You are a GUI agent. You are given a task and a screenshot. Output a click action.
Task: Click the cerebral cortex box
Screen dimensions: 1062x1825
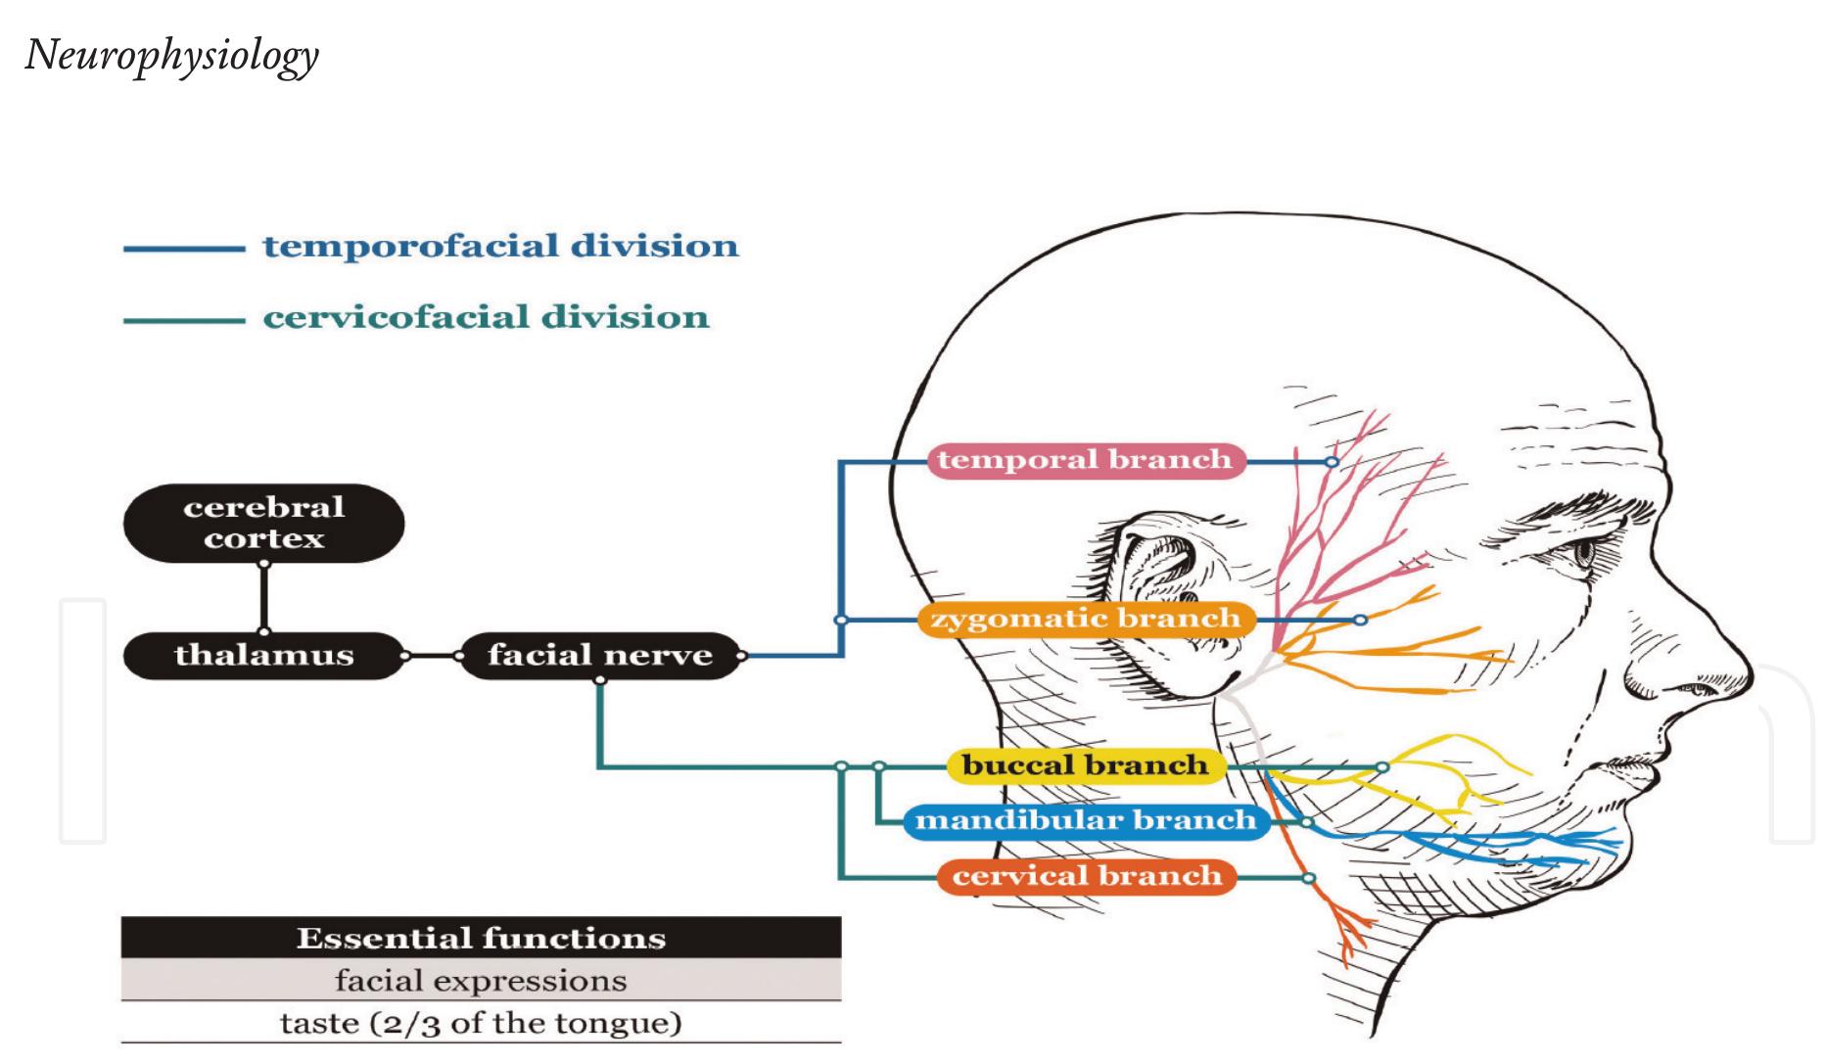click(263, 523)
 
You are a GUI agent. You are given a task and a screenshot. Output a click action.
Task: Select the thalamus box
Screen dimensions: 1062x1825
click(263, 655)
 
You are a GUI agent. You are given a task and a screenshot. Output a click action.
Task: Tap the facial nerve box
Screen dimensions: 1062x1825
click(599, 655)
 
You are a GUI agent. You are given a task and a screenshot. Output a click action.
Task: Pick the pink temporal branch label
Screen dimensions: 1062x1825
click(1085, 460)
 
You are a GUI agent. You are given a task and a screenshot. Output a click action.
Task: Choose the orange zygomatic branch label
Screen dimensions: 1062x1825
click(1085, 620)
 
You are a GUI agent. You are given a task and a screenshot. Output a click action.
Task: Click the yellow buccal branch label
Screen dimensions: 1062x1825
click(1085, 765)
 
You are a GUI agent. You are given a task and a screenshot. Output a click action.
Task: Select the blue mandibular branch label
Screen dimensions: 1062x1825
click(1085, 820)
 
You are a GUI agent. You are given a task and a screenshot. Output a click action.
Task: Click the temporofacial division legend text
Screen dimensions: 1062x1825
click(500, 246)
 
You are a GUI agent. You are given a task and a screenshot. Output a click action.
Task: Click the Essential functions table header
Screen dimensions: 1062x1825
click(481, 938)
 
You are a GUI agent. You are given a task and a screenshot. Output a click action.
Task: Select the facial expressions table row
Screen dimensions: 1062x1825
click(481, 981)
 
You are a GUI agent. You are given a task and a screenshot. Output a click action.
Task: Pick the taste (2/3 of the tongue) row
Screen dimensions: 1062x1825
click(481, 1024)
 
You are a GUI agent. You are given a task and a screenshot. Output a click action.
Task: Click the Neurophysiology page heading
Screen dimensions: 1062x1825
click(172, 56)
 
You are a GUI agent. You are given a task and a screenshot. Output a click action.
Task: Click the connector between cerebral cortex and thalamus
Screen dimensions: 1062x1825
click(263, 598)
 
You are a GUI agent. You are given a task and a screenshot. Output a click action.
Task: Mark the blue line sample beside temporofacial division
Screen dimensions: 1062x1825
click(183, 250)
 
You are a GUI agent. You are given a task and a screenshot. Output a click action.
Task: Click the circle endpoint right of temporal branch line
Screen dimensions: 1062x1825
click(1332, 461)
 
